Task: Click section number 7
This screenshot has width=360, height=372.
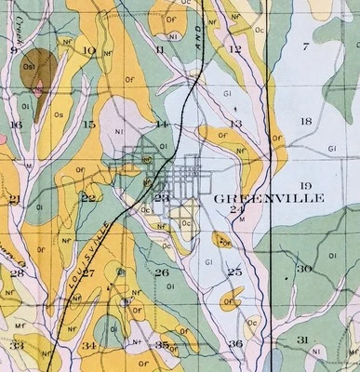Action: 304,46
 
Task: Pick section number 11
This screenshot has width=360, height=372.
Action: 161,50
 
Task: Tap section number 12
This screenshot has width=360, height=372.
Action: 234,48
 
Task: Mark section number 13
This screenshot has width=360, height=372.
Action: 235,123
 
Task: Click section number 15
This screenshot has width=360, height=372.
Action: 88,124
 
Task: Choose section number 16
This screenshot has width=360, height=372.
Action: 16,124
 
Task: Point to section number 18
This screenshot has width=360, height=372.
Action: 306,122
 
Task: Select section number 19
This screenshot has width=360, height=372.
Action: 306,186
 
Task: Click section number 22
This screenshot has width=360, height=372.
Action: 88,197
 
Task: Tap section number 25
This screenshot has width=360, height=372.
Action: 233,272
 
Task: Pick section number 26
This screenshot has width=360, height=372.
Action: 161,272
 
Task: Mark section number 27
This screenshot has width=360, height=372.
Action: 88,272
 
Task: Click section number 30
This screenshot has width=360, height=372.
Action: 304,269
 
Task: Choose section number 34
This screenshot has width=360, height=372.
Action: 88,346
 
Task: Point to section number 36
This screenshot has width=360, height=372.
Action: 235,345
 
